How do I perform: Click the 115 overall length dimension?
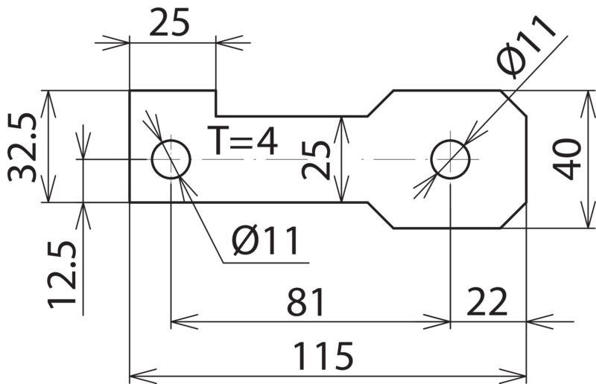point(323,356)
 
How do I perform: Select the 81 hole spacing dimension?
point(306,302)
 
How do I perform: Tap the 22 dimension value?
point(487,302)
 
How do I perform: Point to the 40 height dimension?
point(567,159)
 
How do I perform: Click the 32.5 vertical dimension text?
point(22,147)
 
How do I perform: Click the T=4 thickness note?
point(243,141)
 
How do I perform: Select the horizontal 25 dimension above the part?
point(169,22)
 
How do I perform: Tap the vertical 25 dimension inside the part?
point(316,160)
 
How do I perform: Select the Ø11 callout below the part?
point(266,240)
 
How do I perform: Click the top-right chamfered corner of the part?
point(513,103)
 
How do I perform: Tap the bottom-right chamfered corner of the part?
point(513,215)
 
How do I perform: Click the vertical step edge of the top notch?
point(216,103)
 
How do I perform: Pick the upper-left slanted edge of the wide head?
point(381,103)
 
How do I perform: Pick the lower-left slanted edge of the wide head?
point(381,215)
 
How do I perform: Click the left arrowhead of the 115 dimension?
point(143,376)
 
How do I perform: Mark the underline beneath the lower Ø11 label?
point(266,263)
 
